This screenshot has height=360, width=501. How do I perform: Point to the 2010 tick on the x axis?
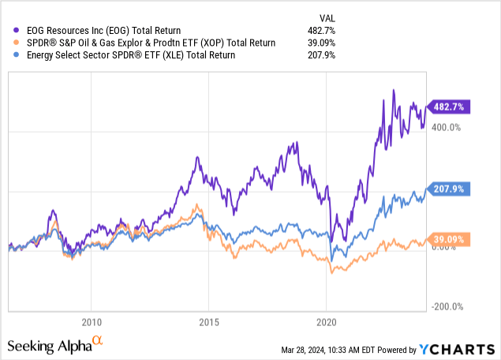[x=91, y=321]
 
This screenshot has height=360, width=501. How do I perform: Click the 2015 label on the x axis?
[x=209, y=321]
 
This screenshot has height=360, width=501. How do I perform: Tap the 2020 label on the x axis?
[x=327, y=321]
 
